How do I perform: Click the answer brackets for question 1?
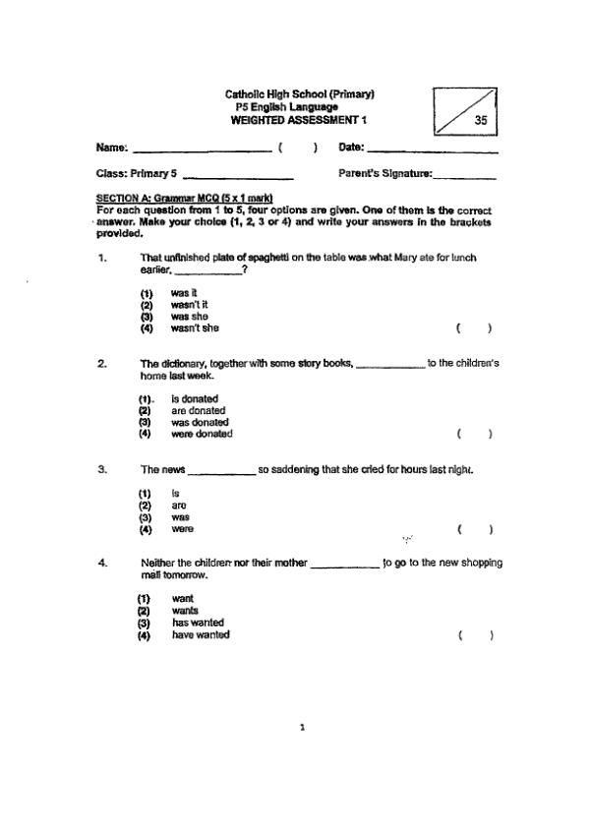[x=473, y=328]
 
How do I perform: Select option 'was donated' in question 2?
[x=198, y=422]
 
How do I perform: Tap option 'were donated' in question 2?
[x=202, y=434]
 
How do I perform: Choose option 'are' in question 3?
[x=179, y=506]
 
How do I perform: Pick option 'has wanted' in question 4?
[x=198, y=623]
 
